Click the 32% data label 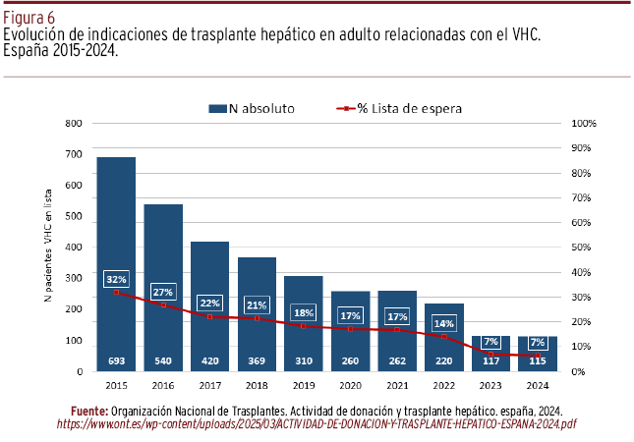[x=116, y=279]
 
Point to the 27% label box [x=163, y=292]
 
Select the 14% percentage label [x=444, y=323]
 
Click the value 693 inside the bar [x=116, y=360]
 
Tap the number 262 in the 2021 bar [x=397, y=360]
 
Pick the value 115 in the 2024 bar [x=538, y=360]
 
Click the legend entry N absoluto [x=251, y=108]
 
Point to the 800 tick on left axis [x=72, y=123]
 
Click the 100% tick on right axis [x=584, y=123]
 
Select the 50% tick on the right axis [x=584, y=248]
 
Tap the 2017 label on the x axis [x=209, y=384]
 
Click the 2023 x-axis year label [x=490, y=384]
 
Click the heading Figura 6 [x=29, y=18]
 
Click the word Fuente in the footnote [x=89, y=410]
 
